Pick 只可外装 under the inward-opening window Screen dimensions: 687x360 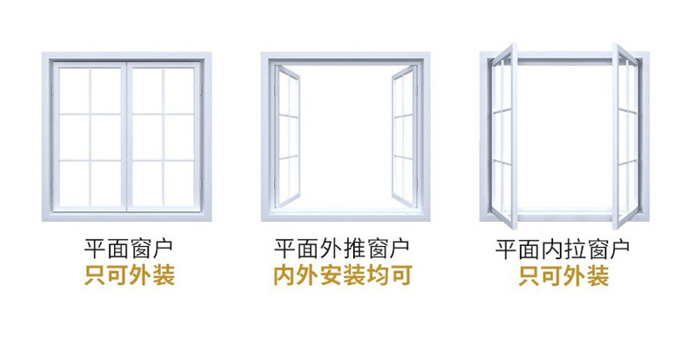tap(563, 277)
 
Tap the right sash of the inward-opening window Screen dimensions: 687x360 tap(624, 135)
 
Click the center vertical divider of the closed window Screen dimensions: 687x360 tap(127, 135)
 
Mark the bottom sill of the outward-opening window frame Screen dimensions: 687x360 tap(344, 215)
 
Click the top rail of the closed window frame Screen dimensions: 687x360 tap(127, 57)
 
